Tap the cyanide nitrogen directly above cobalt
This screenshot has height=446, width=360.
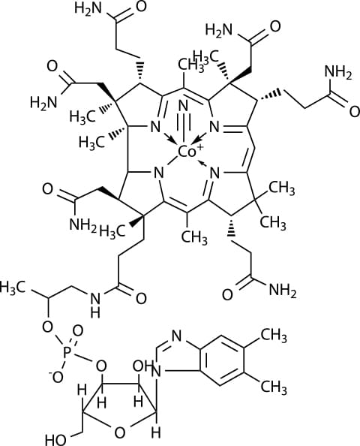184,107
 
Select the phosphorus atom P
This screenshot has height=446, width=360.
67,352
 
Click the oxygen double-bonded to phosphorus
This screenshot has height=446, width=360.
77,331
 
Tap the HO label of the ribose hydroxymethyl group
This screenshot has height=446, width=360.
56,440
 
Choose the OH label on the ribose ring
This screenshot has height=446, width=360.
142,366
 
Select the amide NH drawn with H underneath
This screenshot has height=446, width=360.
95,304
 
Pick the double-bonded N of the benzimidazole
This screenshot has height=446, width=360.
177,336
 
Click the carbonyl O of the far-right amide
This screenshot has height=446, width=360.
354,112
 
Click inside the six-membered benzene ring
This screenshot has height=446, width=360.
221,360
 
